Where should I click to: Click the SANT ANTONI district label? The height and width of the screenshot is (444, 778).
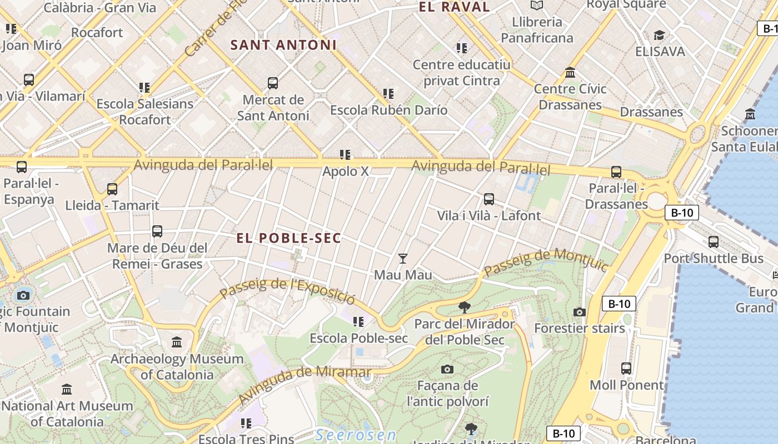283,45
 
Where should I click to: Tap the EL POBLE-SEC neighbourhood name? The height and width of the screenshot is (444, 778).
289,238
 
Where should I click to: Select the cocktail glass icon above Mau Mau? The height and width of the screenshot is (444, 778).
403,259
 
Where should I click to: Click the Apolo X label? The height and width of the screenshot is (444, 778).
346,171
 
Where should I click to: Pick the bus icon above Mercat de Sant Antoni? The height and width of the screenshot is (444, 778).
272,83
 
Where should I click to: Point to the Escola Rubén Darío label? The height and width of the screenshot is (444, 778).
388,110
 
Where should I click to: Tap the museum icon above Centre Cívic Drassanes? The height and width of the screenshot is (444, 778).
570,73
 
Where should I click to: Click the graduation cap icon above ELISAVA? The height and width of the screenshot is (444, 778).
659,36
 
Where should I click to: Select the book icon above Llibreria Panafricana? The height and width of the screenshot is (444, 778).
536,6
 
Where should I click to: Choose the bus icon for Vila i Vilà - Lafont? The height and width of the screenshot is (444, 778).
489,199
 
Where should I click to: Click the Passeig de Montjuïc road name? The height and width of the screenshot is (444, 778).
546,263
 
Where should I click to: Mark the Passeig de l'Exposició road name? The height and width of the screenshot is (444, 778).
287,291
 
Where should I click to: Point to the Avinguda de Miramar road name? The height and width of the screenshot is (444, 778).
305,385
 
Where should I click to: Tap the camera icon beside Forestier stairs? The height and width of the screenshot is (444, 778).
580,312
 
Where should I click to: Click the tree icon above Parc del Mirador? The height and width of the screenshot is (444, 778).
464,307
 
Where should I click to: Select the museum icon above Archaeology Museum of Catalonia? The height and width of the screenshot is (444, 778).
177,342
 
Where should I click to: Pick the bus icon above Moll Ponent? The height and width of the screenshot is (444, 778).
626,369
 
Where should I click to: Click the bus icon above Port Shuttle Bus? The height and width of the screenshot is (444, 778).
714,242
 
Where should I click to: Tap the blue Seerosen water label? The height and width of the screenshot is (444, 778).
356,435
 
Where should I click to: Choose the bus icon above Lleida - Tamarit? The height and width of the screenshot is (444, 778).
112,189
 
